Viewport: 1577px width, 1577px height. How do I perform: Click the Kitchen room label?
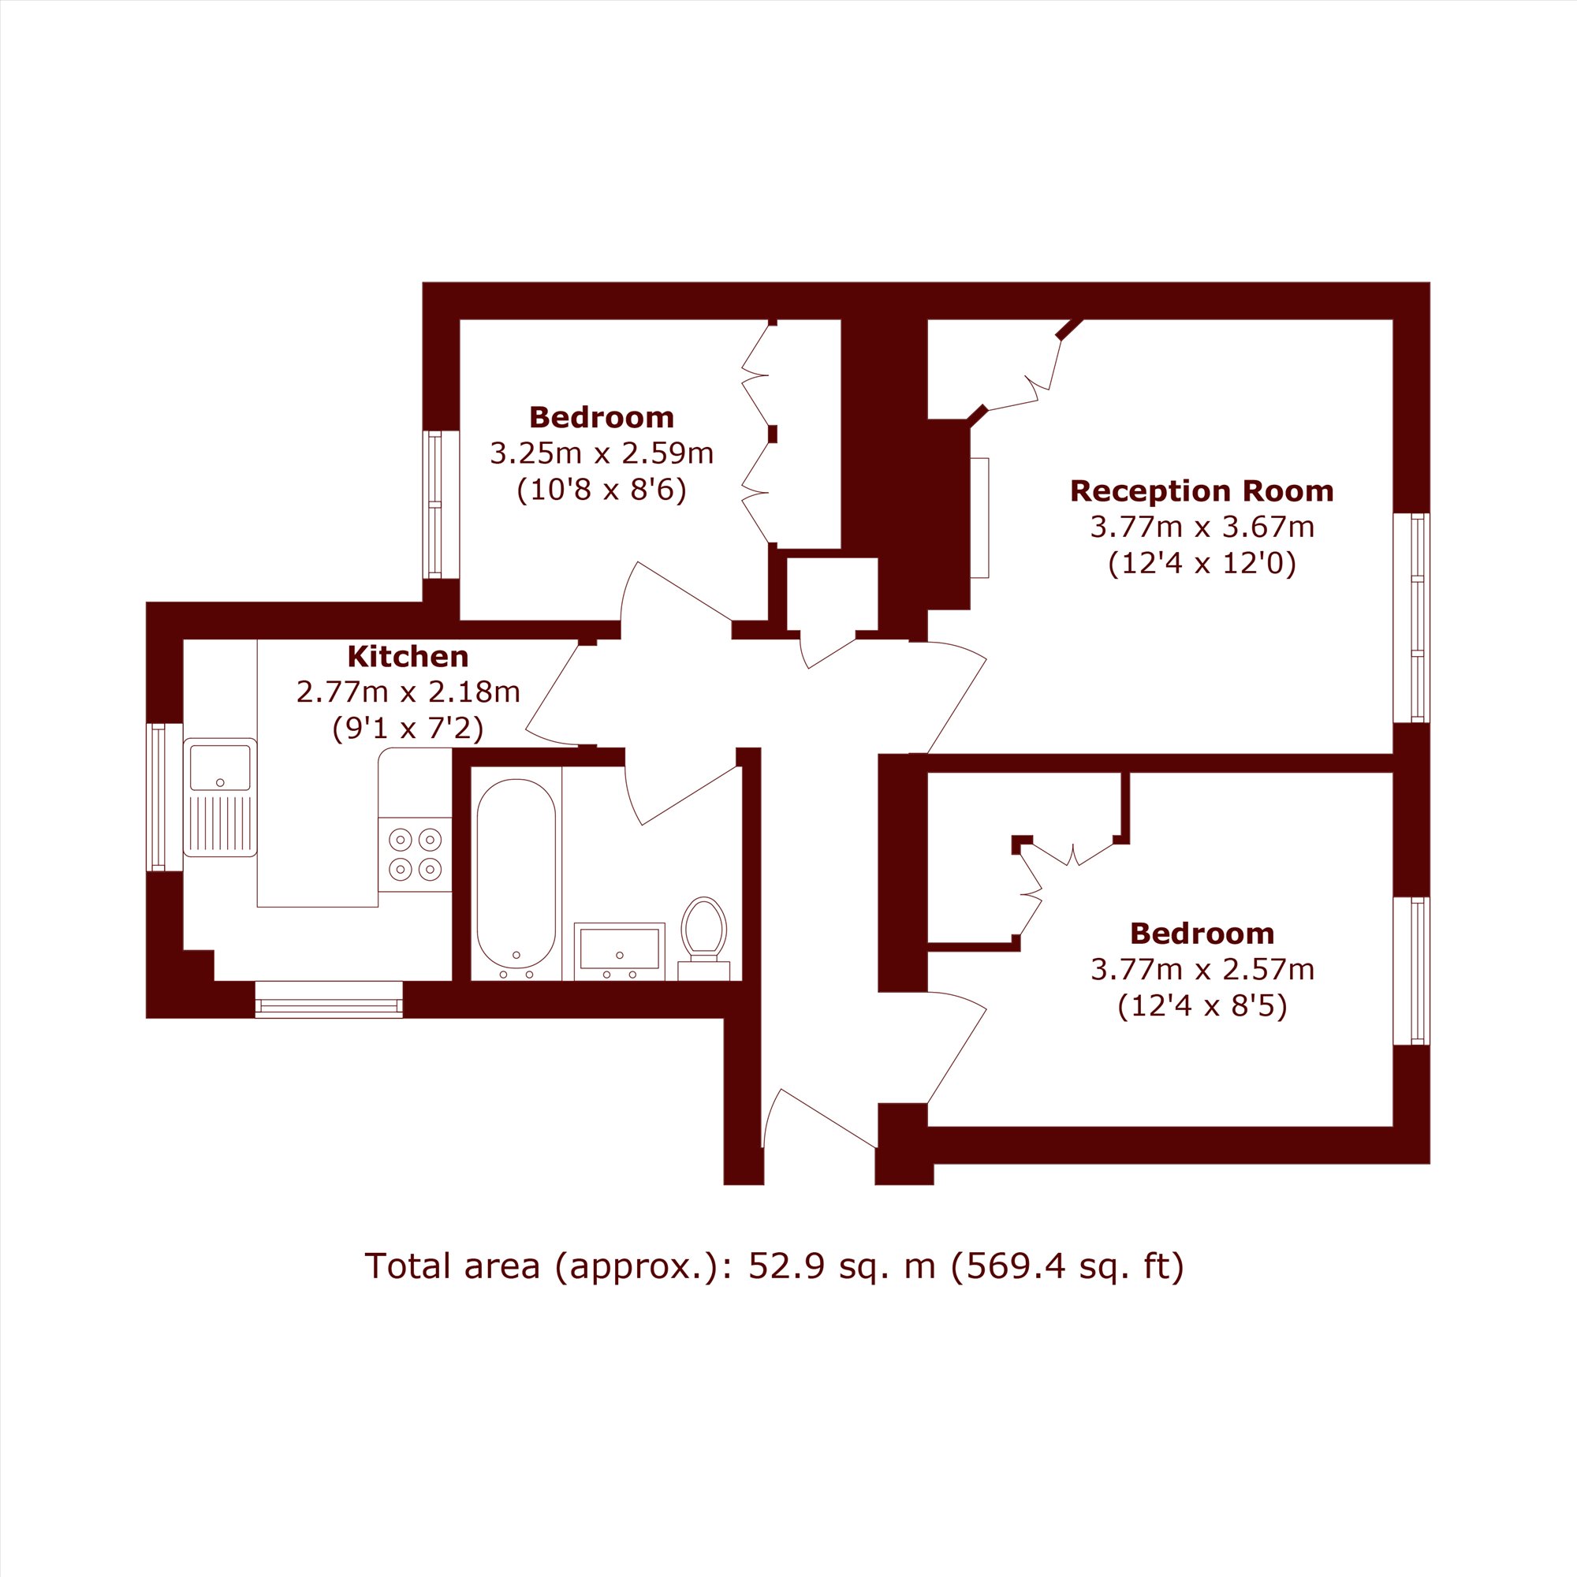tap(408, 656)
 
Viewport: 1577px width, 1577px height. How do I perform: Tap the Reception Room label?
tap(1202, 490)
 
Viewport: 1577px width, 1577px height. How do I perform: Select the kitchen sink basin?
tap(219, 768)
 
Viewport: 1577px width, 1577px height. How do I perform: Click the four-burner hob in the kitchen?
tap(415, 854)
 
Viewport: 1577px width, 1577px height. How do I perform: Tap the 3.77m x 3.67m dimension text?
tap(1202, 528)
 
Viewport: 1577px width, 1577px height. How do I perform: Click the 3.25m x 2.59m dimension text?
tap(602, 453)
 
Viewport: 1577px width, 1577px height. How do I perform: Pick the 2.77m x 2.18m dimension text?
tap(408, 692)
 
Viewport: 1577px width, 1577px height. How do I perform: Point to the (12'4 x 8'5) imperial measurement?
tap(1202, 1006)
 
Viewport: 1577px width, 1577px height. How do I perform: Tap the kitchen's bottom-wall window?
tap(329, 1000)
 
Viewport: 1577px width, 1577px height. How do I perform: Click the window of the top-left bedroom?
tap(441, 505)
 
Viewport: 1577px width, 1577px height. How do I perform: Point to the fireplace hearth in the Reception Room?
tap(979, 518)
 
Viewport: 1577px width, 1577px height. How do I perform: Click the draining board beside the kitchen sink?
tap(219, 825)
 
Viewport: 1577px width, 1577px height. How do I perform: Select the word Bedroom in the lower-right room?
tap(1202, 933)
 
